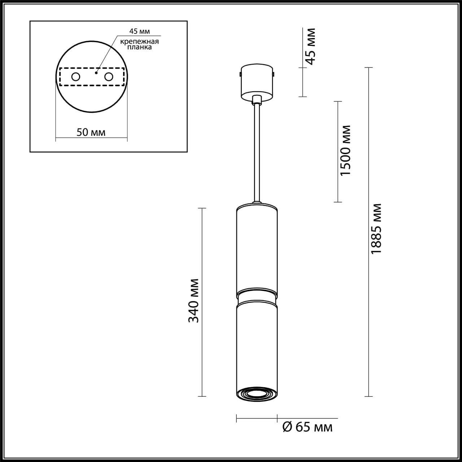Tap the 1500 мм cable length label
pyautogui.click(x=345, y=151)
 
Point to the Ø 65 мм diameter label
pyautogui.click(x=307, y=427)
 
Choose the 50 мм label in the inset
pyautogui.click(x=91, y=132)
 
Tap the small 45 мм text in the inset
pyautogui.click(x=139, y=31)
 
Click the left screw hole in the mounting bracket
pyautogui.click(x=76, y=77)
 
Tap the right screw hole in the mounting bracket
pyautogui.click(x=108, y=77)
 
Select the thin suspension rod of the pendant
pyautogui.click(x=257, y=152)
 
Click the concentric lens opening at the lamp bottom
pyautogui.click(x=257, y=394)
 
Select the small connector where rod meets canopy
pyautogui.click(x=257, y=100)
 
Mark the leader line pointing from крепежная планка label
pyautogui.click(x=106, y=54)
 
